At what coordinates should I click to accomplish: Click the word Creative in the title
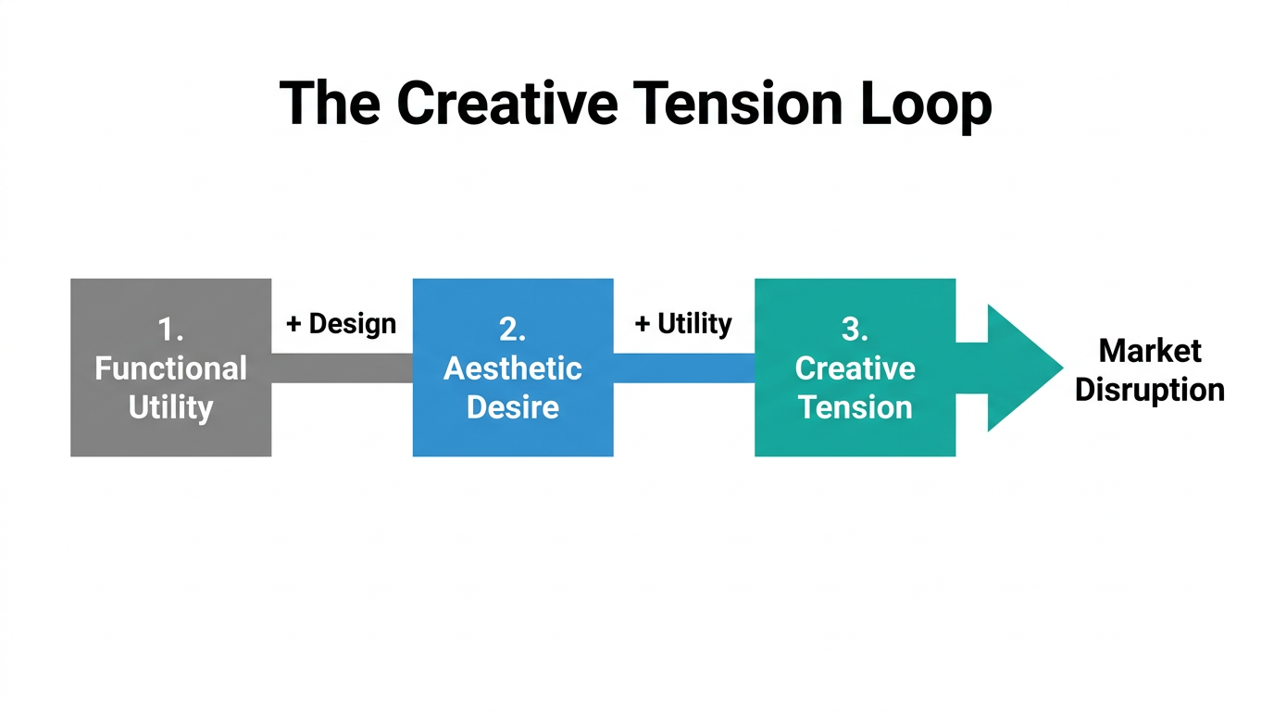(506, 103)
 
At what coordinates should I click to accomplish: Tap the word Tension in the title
(737, 103)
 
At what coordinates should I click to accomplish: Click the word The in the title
(330, 103)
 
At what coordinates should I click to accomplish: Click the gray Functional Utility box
(170, 435)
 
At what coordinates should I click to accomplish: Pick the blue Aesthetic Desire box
(512, 435)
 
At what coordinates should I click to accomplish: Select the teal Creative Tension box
(855, 435)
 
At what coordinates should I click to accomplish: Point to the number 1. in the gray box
(170, 329)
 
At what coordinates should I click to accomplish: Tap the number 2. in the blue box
(512, 329)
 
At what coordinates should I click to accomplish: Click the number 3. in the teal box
(855, 329)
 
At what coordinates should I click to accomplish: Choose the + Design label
(341, 324)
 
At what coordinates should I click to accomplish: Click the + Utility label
(683, 324)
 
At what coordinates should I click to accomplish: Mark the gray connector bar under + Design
(342, 368)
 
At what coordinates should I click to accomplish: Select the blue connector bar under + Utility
(683, 368)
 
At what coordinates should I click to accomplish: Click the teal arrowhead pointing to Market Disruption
(1018, 368)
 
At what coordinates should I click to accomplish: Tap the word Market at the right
(1149, 351)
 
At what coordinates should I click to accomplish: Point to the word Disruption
(1149, 390)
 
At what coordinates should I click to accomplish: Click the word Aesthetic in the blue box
(512, 368)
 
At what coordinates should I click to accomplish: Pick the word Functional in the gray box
(170, 368)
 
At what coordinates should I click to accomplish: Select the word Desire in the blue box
(512, 407)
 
